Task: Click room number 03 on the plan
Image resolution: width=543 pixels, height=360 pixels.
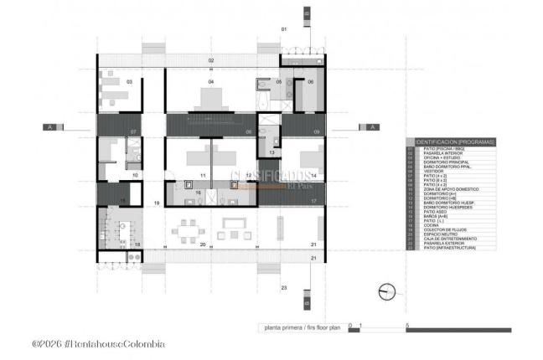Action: pyautogui.click(x=130, y=82)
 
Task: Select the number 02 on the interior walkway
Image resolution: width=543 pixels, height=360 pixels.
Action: pyautogui.click(x=212, y=60)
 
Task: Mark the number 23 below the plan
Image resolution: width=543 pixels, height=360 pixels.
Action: pyautogui.click(x=284, y=287)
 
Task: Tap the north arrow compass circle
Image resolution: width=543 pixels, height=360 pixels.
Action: pyautogui.click(x=386, y=291)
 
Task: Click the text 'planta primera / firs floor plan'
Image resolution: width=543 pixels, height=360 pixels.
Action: pyautogui.click(x=297, y=327)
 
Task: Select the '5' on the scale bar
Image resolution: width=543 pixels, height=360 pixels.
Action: pyautogui.click(x=406, y=324)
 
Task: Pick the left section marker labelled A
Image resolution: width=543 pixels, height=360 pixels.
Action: pyautogui.click(x=50, y=127)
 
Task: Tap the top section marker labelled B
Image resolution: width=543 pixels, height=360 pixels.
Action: pyautogui.click(x=307, y=14)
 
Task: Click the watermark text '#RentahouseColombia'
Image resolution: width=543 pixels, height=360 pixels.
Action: pyautogui.click(x=113, y=344)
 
